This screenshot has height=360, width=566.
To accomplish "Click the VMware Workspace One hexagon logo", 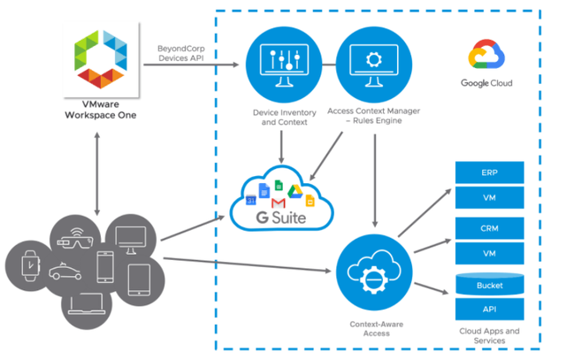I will pos(96,59).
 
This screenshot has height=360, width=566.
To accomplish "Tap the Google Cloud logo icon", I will pos(486,58).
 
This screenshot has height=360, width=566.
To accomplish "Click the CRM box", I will pos(488,228).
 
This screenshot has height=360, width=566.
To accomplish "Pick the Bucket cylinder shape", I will pos(488,285).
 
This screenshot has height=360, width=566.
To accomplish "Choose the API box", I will pos(488,309).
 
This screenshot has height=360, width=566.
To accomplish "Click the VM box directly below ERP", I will pos(488,197).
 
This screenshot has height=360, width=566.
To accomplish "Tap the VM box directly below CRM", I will pos(488,253).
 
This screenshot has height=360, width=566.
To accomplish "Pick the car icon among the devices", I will pos(64,272).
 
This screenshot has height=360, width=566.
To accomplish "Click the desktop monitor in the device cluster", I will pos(135,238).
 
